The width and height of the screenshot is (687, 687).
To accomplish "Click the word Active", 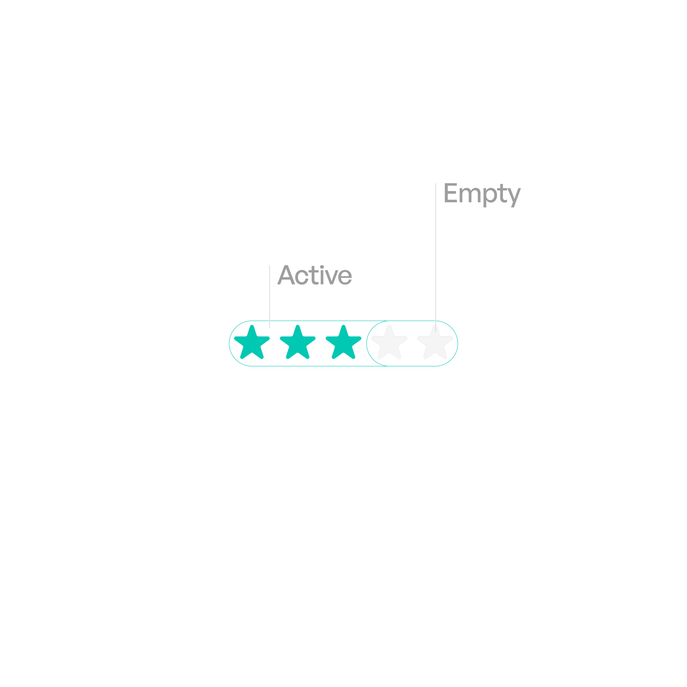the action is pyautogui.click(x=315, y=275).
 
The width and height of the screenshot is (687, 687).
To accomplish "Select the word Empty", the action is pyautogui.click(x=482, y=194).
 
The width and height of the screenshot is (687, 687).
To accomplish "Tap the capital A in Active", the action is pyautogui.click(x=286, y=276).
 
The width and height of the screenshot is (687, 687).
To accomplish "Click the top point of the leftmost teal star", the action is pyautogui.click(x=252, y=326).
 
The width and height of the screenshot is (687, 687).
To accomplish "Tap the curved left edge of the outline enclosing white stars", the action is pyautogui.click(x=367, y=343).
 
